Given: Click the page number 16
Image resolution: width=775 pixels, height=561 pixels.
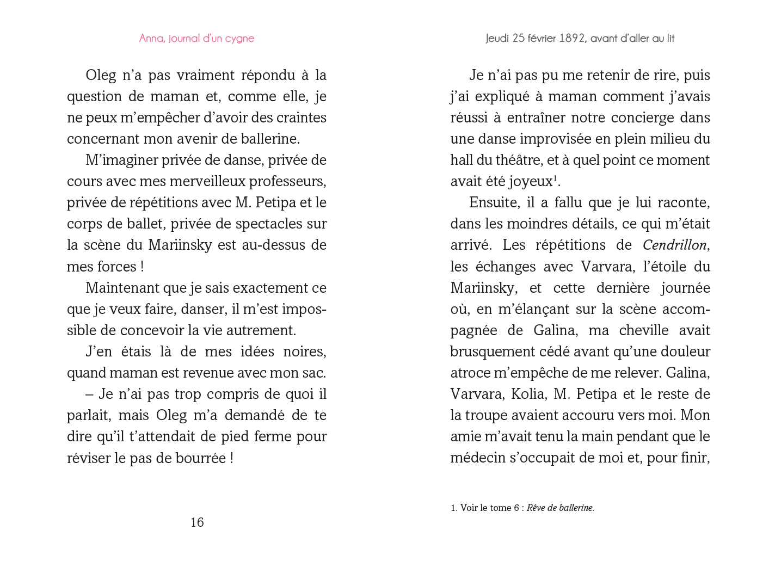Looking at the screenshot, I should pyautogui.click(x=197, y=522).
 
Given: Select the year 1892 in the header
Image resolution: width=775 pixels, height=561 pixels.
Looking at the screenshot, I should pyautogui.click(x=571, y=39).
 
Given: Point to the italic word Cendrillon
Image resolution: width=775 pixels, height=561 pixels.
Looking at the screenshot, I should pyautogui.click(x=675, y=245).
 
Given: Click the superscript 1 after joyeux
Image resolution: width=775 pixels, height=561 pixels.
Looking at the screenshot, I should pyautogui.click(x=555, y=177).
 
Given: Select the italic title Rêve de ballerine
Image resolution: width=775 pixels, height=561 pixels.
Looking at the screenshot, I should pyautogui.click(x=560, y=508).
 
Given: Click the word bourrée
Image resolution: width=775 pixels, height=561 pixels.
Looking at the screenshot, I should pyautogui.click(x=200, y=458).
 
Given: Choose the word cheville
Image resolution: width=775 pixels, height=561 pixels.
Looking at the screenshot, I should pyautogui.click(x=644, y=330).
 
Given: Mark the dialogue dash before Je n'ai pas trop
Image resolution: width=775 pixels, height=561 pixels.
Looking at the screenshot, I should pyautogui.click(x=90, y=394).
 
